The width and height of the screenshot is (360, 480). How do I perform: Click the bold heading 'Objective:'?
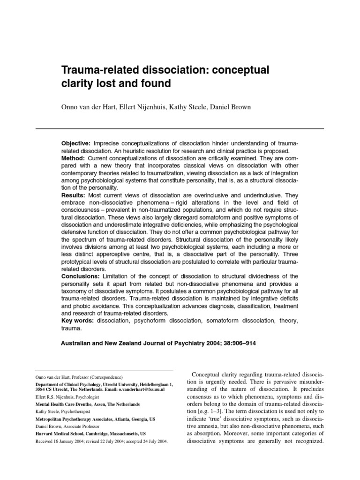click(76, 142)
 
